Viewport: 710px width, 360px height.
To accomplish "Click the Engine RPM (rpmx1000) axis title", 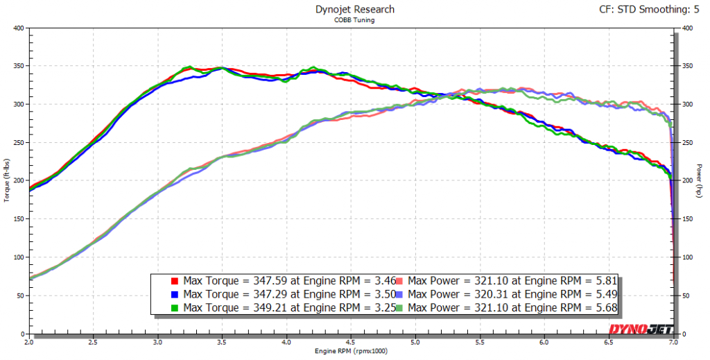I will (350, 352).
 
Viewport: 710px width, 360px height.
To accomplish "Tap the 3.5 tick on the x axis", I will (222, 342).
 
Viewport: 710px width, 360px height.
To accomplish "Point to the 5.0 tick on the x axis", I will (415, 342).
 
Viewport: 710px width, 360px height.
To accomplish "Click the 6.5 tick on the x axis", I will (609, 342).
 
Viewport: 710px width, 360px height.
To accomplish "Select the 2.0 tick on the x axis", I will (29, 342).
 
